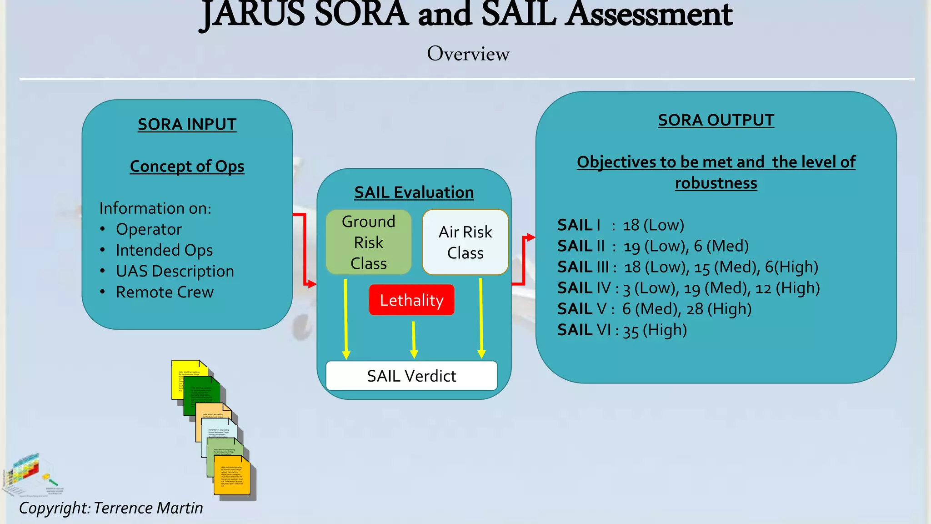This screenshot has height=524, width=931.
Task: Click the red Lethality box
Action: pyautogui.click(x=411, y=300)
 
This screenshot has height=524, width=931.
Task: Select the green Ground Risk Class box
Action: pyautogui.click(x=369, y=242)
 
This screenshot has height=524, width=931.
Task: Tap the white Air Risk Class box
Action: pyautogui.click(x=465, y=242)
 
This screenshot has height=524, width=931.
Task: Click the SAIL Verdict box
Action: pyautogui.click(x=411, y=376)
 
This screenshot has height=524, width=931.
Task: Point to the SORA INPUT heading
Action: pyautogui.click(x=187, y=124)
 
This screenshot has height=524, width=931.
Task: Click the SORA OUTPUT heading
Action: pyautogui.click(x=716, y=120)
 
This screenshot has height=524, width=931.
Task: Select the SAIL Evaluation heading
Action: pyautogui.click(x=414, y=192)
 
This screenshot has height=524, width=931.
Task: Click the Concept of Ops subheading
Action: pyautogui.click(x=187, y=166)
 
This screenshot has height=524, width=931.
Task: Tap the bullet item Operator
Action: pyautogui.click(x=149, y=229)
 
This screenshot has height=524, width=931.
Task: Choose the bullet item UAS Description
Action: pyautogui.click(x=175, y=271)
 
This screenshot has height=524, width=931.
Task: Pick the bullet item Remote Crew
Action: pyautogui.click(x=165, y=292)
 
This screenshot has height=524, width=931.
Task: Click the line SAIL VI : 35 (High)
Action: pyautogui.click(x=622, y=330)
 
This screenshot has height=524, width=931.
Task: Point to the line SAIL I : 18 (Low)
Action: pyautogui.click(x=621, y=225)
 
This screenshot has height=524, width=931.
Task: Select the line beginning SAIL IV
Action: pyautogui.click(x=688, y=288)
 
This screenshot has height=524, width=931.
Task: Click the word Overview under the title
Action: pyautogui.click(x=468, y=54)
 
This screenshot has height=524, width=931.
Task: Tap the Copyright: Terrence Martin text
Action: pyautogui.click(x=111, y=508)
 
